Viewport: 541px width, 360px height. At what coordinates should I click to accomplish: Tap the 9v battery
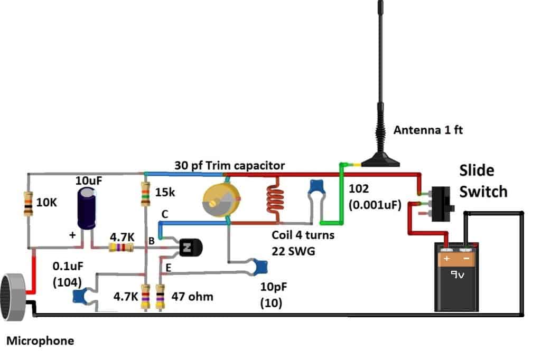[x=456, y=280]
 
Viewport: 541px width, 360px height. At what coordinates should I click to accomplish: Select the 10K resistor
[x=28, y=204]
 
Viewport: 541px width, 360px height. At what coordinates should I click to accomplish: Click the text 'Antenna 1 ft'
[x=428, y=130]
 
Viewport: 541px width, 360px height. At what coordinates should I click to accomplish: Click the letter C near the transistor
[x=165, y=214]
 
